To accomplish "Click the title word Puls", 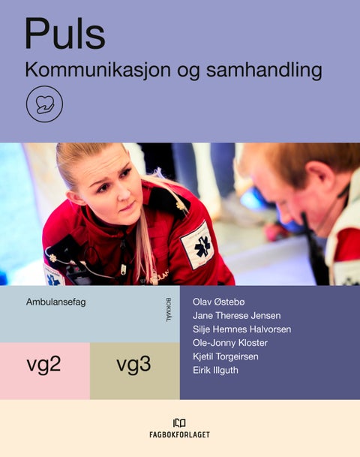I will (64, 34).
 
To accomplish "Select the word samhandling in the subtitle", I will (274, 71).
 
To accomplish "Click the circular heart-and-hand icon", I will (44, 105).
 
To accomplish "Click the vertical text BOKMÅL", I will (167, 310).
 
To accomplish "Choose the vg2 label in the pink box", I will (43, 366).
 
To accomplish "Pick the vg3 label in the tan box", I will (133, 366).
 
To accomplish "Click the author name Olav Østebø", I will (223, 302).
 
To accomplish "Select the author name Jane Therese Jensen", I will (237, 315).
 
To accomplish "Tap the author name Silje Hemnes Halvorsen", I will (241, 329).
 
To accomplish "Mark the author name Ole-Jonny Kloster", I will (230, 342).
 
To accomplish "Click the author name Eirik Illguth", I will (215, 369).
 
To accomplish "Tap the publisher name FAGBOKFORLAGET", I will (180, 434).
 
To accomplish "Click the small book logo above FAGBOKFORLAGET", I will (180, 422).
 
